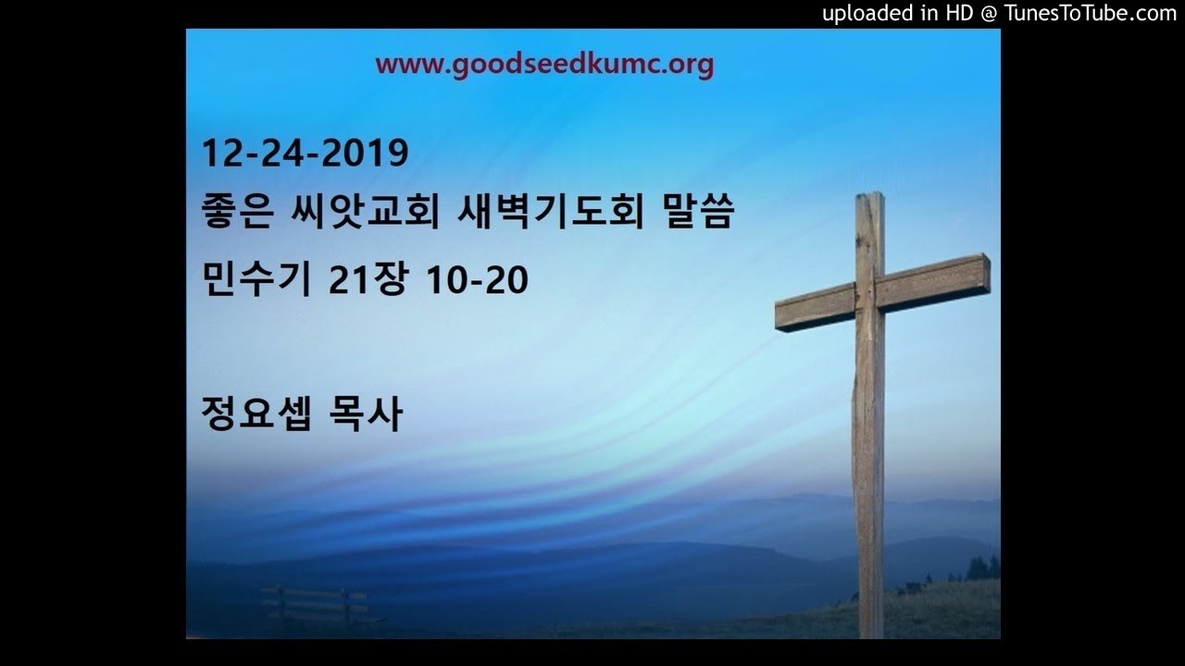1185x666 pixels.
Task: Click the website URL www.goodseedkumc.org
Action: [544, 65]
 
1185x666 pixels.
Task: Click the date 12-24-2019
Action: [306, 153]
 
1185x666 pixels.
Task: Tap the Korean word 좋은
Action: [236, 215]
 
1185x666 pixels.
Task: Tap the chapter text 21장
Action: [367, 278]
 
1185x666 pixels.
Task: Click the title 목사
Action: [366, 413]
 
